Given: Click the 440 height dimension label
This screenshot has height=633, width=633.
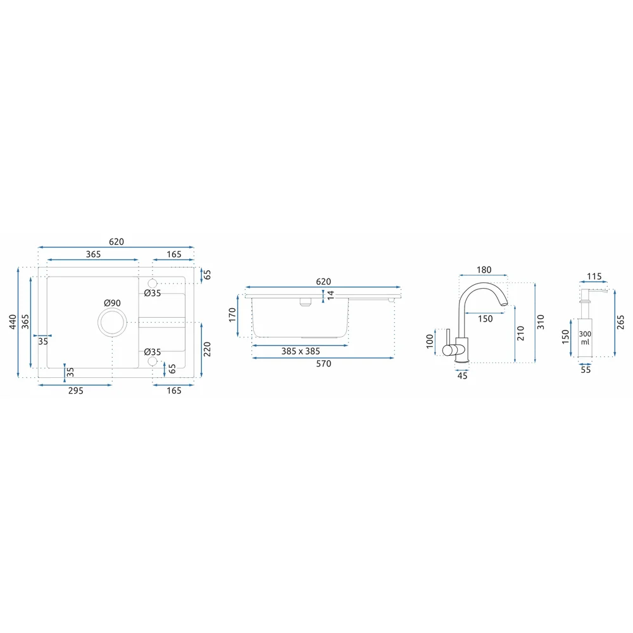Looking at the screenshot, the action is point(13,322).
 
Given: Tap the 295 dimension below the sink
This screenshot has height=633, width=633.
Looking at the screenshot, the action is point(75,391).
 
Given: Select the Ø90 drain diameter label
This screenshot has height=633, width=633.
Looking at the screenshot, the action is point(112,303).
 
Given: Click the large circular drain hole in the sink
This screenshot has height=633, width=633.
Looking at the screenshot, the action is point(112,322).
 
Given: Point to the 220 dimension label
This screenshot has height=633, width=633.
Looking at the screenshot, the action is point(207,349).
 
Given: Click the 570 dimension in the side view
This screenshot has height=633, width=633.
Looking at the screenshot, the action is point(323,364).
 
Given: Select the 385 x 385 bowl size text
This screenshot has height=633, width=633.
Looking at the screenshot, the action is point(301,351).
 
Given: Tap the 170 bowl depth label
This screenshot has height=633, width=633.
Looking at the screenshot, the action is point(232,315).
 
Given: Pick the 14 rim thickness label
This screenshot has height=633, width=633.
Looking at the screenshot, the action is point(330,295).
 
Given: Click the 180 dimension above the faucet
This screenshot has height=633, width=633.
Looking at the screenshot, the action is point(484,270).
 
